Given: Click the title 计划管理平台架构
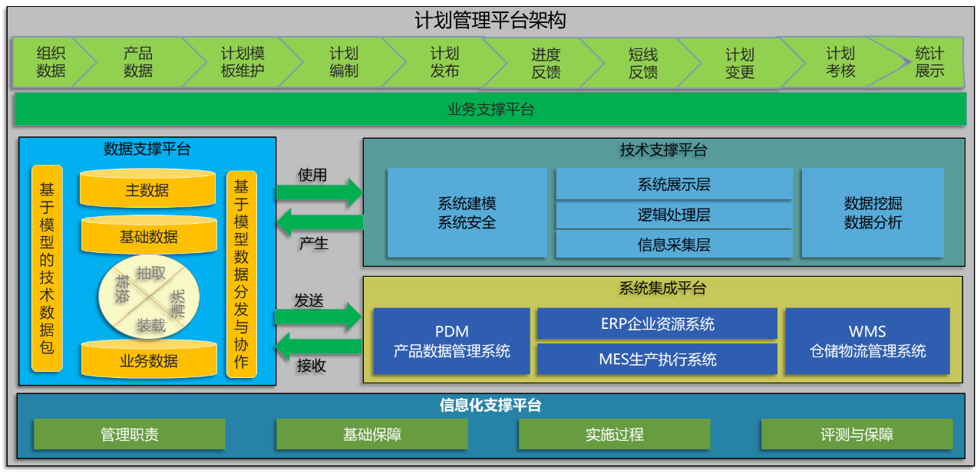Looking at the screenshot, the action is click(x=490, y=20).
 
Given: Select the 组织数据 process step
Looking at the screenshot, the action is click(x=51, y=62).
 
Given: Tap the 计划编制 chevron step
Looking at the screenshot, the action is click(x=344, y=62).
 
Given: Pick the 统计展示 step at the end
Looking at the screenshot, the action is click(x=929, y=62).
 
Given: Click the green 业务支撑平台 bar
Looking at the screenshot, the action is click(x=490, y=109).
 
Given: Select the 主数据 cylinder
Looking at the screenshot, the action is click(x=147, y=189).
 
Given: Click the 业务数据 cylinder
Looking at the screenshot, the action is click(x=149, y=360).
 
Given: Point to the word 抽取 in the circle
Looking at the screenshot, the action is click(x=151, y=273).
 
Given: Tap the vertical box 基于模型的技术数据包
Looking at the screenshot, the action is click(x=47, y=268).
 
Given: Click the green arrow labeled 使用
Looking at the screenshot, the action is click(x=319, y=192).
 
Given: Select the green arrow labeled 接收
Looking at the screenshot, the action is click(x=319, y=347).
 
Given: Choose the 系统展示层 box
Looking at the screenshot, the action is click(x=674, y=184).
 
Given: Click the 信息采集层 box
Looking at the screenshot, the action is click(x=674, y=245).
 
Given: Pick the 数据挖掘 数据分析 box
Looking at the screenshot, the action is click(x=873, y=213).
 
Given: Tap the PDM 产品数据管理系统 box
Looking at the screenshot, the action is click(x=452, y=341).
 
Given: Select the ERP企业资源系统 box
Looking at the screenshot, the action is click(x=657, y=324).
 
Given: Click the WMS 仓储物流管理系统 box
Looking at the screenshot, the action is click(x=867, y=341).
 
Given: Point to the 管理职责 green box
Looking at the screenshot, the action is click(x=130, y=434).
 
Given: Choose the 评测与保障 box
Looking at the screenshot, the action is click(x=857, y=434).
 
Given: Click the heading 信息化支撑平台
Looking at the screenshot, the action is click(x=490, y=405).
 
